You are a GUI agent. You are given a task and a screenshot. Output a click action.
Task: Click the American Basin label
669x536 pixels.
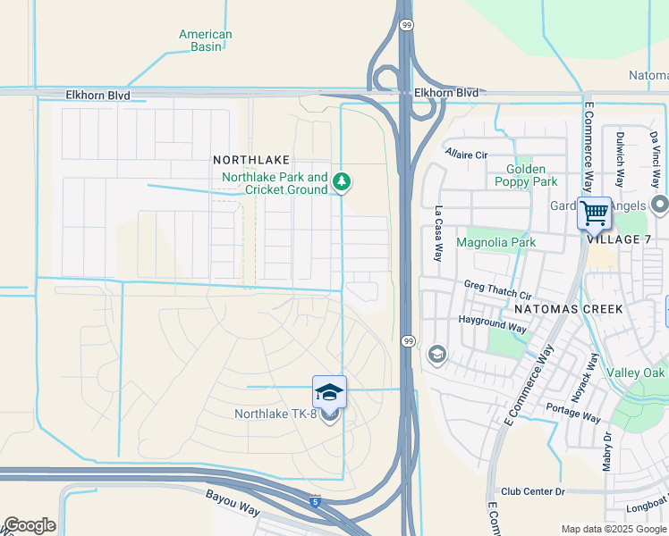[205, 41]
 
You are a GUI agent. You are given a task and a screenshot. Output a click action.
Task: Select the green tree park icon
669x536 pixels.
[341, 182]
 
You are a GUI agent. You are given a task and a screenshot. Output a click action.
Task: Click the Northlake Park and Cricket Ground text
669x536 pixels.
[275, 183]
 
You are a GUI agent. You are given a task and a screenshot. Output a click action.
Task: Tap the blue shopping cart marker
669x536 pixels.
[594, 214]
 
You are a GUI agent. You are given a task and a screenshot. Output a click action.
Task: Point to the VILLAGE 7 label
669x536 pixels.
[619, 240]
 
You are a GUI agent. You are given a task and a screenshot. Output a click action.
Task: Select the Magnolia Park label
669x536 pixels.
[495, 242]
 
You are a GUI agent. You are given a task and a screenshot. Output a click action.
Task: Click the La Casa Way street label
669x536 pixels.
[438, 234]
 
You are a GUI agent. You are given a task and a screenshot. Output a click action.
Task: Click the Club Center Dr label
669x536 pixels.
[533, 491]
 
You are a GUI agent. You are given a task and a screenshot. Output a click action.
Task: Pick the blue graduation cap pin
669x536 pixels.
[329, 392]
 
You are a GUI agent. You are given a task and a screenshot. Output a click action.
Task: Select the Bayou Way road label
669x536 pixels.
[232, 501]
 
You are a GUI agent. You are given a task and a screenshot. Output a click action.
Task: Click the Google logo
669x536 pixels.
[30, 525]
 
